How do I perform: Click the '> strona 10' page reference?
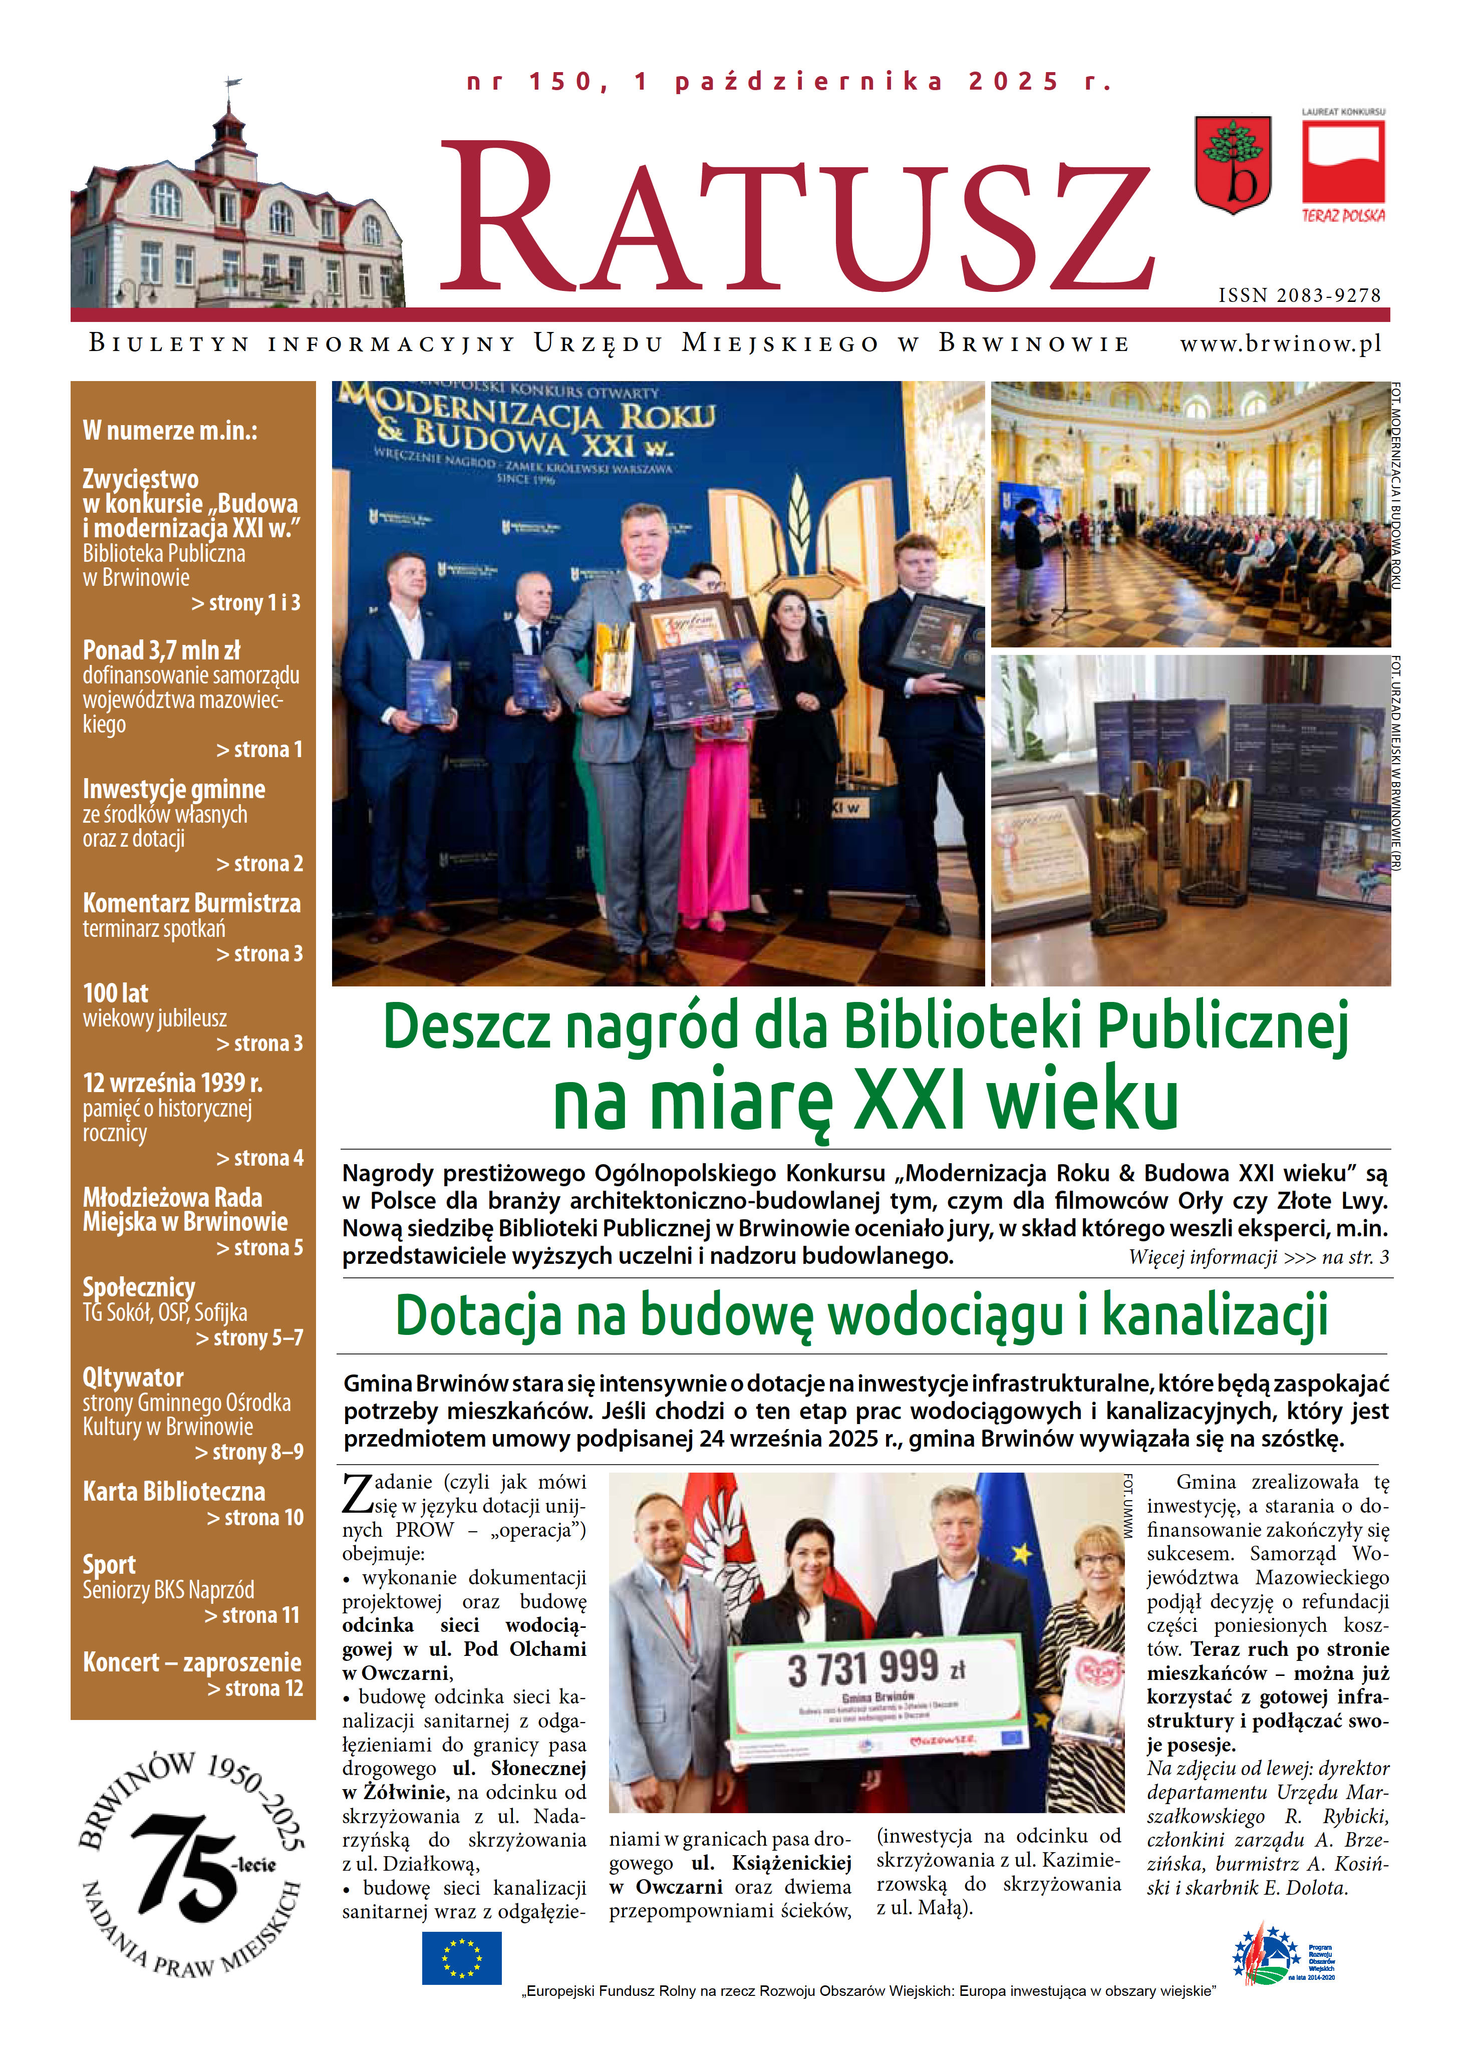click(x=255, y=1518)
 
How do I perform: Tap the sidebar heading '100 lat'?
click(x=116, y=993)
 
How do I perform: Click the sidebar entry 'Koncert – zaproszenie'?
click(x=192, y=1662)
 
